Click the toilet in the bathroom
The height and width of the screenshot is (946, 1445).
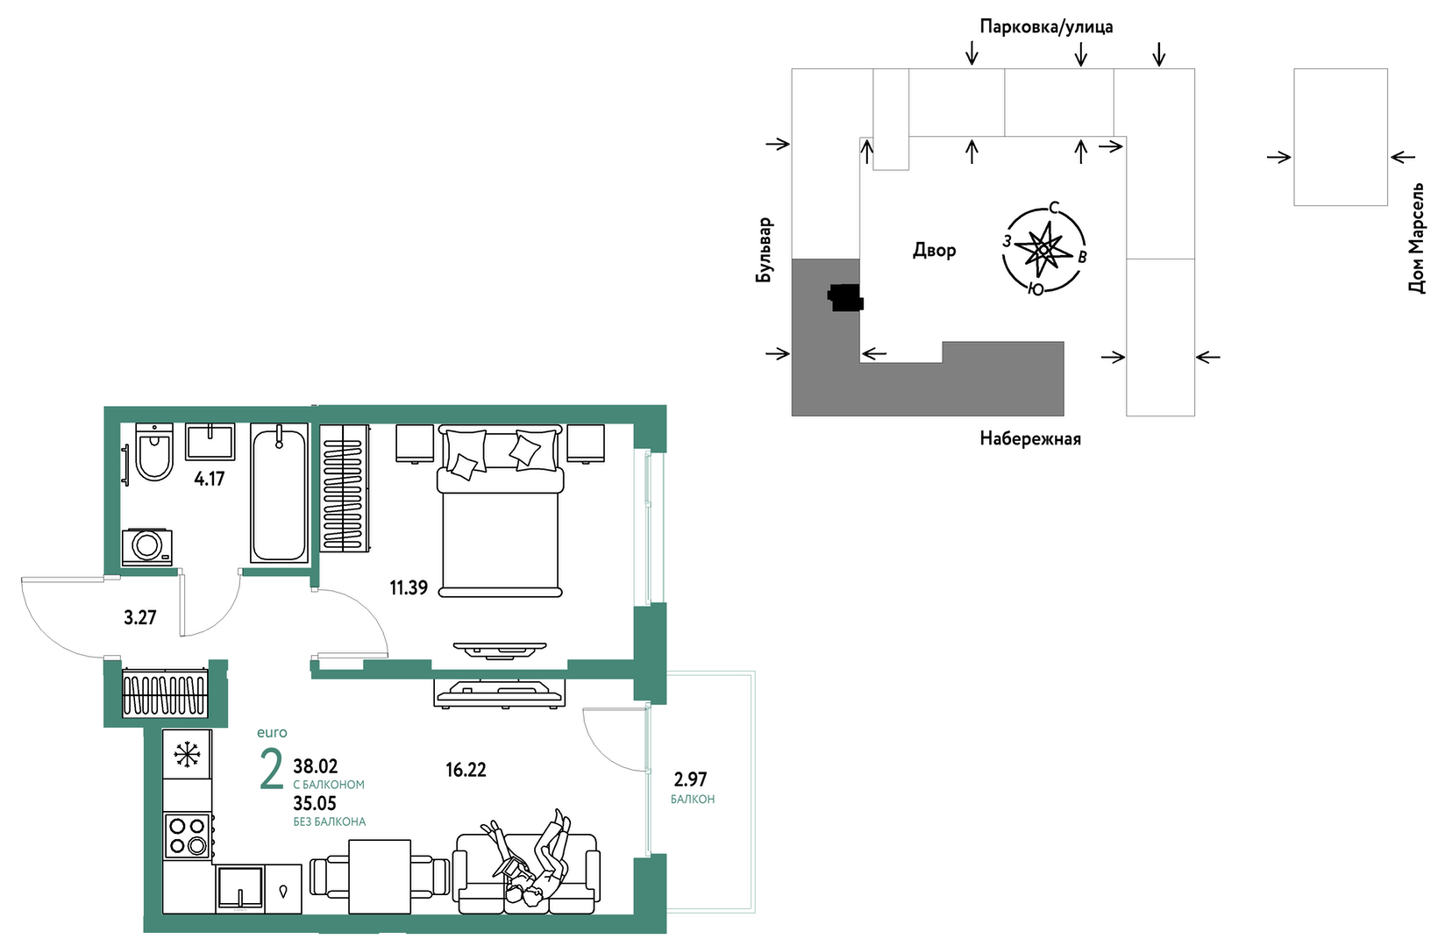tap(154, 452)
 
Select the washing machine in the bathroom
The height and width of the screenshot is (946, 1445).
tap(147, 547)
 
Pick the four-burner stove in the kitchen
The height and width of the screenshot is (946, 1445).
tap(188, 836)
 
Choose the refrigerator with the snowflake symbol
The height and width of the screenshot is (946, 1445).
tap(187, 754)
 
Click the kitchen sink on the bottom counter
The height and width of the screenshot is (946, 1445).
tap(240, 888)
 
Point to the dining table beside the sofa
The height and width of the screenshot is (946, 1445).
tap(380, 877)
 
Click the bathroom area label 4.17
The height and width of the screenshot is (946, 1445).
tap(210, 479)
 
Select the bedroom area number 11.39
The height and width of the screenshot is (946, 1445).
tap(409, 587)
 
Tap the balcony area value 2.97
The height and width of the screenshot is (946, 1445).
tap(690, 779)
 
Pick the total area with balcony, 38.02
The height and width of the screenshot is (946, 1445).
tap(316, 766)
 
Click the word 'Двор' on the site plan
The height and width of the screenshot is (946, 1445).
tap(934, 250)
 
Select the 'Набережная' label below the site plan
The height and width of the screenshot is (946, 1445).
tap(1030, 438)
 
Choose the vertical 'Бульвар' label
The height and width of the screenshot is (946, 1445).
tap(765, 250)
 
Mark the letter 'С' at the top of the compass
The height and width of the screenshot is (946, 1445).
tap(1053, 208)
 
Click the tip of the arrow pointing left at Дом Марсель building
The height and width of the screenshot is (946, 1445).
tap(1391, 157)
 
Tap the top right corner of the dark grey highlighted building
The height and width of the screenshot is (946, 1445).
tap(1064, 342)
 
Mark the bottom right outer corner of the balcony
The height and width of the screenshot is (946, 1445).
tap(756, 913)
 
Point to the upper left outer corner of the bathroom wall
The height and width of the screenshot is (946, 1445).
tap(104, 407)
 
